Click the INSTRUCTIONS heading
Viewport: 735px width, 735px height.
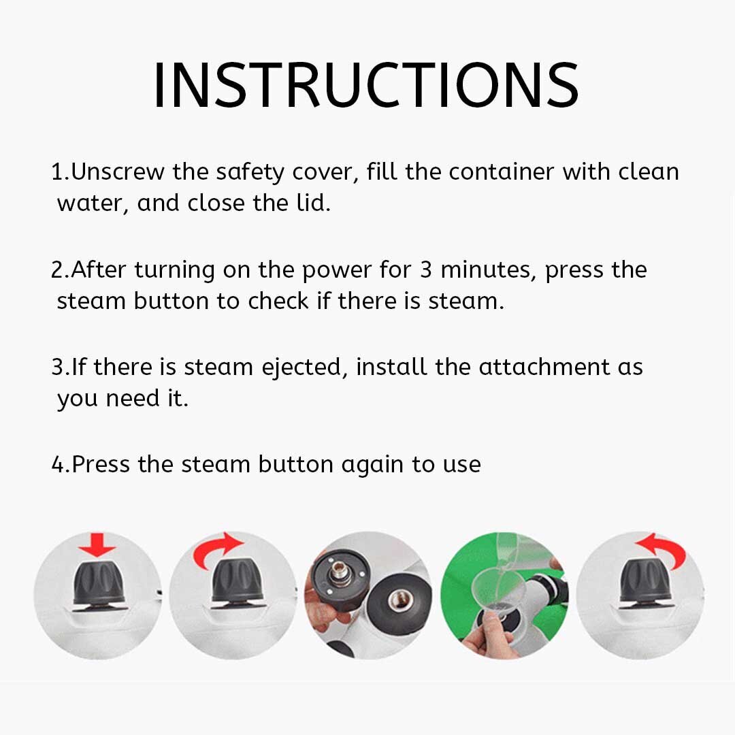click(x=366, y=85)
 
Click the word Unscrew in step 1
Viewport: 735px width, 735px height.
click(x=118, y=171)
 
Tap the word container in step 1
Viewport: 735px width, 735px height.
click(x=501, y=171)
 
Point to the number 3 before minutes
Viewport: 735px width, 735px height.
click(x=425, y=269)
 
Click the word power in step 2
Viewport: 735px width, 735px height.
click(x=337, y=271)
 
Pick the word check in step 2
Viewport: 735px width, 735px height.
click(x=278, y=301)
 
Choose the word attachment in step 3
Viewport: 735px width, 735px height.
click(x=544, y=367)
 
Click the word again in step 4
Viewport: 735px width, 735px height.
click(x=372, y=465)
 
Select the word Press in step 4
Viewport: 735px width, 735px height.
click(x=100, y=464)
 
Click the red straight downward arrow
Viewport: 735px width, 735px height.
click(x=97, y=545)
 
